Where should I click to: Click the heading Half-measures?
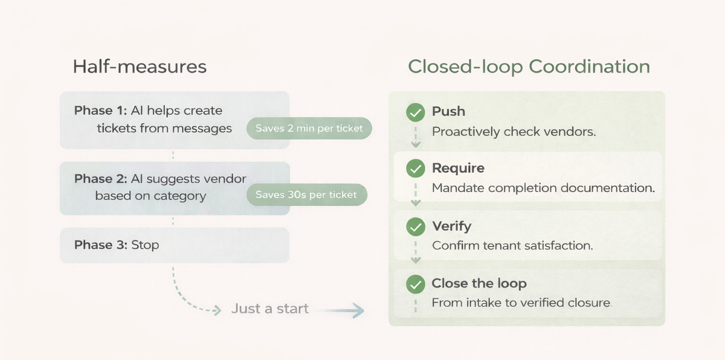(140, 66)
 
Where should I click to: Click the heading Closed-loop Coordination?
(529, 66)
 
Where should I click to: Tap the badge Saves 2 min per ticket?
(309, 128)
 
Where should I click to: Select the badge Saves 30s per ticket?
(306, 194)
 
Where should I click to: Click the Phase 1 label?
(100, 111)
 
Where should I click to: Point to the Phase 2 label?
(100, 179)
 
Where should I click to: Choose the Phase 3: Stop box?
(174, 245)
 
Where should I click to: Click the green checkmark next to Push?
(415, 112)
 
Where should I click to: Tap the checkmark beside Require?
(415, 169)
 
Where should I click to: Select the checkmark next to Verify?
(415, 227)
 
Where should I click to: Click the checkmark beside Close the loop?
(415, 284)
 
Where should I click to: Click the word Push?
(448, 111)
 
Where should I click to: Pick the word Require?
(458, 168)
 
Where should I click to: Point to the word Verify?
(451, 226)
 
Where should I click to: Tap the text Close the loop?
(479, 283)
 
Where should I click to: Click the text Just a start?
(269, 309)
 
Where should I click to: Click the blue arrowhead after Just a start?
(358, 310)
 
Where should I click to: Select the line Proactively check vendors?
(514, 131)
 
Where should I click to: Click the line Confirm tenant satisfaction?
(512, 246)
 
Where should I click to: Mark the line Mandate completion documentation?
(543, 188)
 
